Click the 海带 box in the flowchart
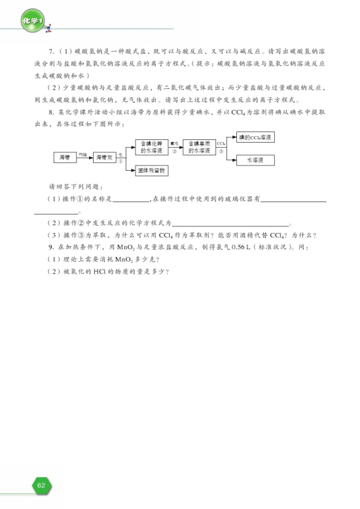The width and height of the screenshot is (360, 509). (64, 157)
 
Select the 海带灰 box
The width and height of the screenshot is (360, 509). (105, 157)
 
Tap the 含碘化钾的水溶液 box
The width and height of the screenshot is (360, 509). (152, 147)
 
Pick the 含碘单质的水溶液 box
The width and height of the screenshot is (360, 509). (199, 147)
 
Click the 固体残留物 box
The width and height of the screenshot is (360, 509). (152, 170)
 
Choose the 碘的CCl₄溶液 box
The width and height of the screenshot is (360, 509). (255, 137)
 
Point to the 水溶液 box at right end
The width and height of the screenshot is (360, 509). (255, 160)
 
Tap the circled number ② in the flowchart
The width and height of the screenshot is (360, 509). (175, 151)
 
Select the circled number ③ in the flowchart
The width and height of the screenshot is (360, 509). (221, 151)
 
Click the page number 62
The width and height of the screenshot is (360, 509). (41, 485)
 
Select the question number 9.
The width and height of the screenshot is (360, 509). (51, 247)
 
